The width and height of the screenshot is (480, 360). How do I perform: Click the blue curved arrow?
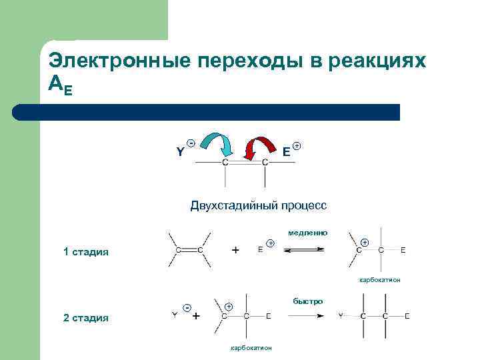pyautogui.click(x=217, y=142)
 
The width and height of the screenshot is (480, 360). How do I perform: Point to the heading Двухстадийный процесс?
pyautogui.click(x=258, y=205)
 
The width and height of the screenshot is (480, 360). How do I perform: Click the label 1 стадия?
pyautogui.click(x=85, y=252)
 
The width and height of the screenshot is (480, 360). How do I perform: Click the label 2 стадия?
pyautogui.click(x=85, y=317)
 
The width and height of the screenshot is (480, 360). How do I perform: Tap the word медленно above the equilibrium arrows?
pyautogui.click(x=308, y=233)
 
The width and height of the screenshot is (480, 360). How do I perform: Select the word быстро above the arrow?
pyautogui.click(x=307, y=301)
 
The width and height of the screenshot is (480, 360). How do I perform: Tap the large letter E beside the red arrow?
pyautogui.click(x=285, y=152)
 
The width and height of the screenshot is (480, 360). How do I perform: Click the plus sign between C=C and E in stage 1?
pyautogui.click(x=235, y=250)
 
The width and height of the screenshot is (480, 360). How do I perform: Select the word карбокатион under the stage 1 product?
pyautogui.click(x=379, y=280)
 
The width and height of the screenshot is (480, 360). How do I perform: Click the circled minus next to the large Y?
pyautogui.click(x=191, y=143)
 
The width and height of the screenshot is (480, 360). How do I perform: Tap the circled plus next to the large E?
pyautogui.click(x=297, y=145)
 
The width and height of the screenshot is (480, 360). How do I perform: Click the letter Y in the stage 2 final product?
pyautogui.click(x=340, y=315)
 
